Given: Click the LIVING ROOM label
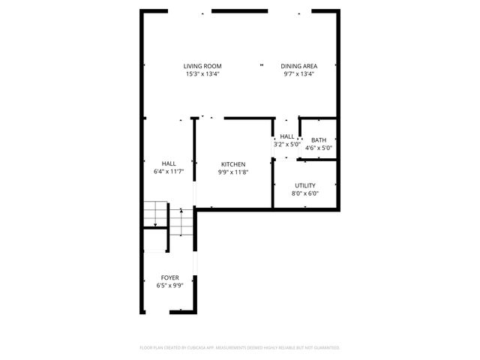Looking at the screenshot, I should point(202,66).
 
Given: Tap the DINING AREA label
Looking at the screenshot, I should point(298,66).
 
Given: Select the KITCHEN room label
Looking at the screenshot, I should point(232,164).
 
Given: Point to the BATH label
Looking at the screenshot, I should point(319,140).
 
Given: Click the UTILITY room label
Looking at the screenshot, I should point(304,185).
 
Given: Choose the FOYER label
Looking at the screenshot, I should point(169,277).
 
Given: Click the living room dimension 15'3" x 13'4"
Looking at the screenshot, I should point(202,74).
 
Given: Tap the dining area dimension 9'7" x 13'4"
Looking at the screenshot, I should point(298,74).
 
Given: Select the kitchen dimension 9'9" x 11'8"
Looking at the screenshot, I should point(232,172).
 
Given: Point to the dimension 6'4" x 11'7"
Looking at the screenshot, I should point(169,172).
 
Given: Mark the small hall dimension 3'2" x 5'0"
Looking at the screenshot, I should point(286,145).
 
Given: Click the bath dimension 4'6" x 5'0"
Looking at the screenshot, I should point(319,148).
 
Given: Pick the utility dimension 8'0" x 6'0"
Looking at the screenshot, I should point(304,193).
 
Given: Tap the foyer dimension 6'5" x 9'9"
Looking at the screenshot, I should point(169,286).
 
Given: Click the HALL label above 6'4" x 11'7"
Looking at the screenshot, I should point(169,164).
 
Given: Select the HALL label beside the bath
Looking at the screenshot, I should point(286,136).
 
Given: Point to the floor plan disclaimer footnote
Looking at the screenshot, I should point(240,348).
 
